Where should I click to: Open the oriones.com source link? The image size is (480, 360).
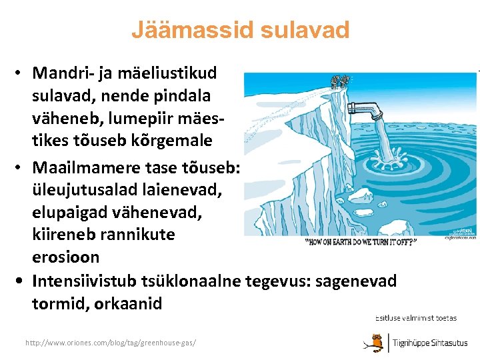[111, 342]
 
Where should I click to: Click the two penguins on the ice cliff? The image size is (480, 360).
[340, 81]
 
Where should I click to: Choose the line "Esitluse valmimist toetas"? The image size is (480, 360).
[416, 317]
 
